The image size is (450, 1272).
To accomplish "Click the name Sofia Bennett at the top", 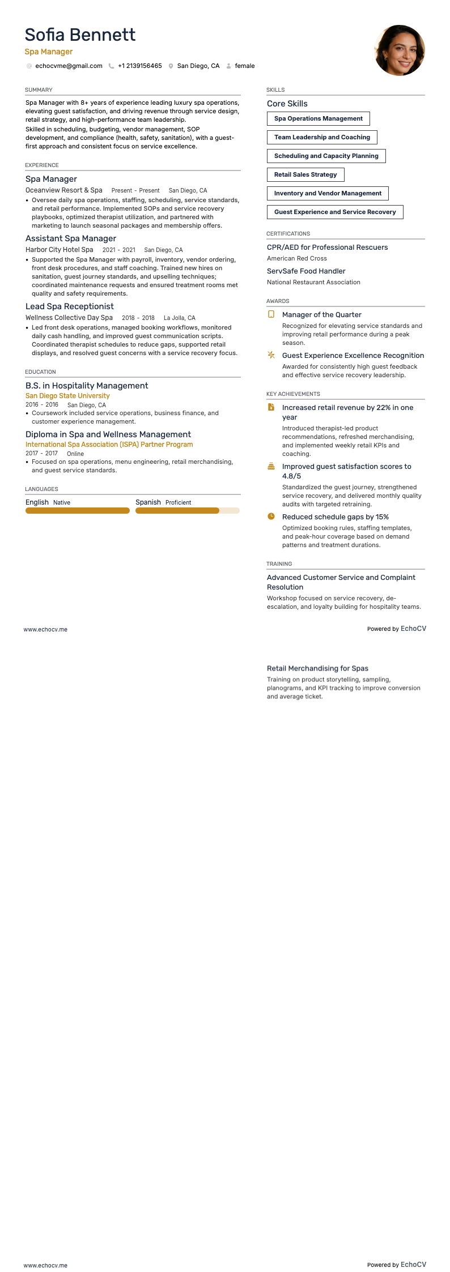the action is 80,35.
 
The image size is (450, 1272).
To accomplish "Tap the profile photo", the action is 400,50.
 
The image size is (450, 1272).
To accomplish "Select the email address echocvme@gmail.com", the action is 69,66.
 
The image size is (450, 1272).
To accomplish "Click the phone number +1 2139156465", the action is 139,66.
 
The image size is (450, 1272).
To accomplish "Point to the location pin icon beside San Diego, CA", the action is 171,66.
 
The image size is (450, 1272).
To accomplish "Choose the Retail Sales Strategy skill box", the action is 305,174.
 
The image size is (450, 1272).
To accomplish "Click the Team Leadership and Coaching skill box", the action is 322,137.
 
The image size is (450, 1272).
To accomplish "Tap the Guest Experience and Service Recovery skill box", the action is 335,212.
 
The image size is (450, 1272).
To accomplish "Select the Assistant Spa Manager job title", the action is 71,238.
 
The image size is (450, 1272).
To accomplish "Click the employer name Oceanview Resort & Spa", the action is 64,190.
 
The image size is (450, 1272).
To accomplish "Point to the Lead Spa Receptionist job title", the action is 70,306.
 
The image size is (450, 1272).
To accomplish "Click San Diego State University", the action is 67,396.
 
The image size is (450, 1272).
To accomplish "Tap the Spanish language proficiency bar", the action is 188,511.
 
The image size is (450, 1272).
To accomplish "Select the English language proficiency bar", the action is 78,511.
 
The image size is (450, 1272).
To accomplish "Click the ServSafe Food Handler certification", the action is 306,271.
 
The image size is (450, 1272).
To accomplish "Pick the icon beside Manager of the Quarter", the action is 271,314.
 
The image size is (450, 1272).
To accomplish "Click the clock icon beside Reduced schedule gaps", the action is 271,517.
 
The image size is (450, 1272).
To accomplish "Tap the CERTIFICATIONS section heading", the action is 288,233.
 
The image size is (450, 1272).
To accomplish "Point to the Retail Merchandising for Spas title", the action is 317,668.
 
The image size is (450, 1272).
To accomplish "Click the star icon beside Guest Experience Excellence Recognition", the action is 271,355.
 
